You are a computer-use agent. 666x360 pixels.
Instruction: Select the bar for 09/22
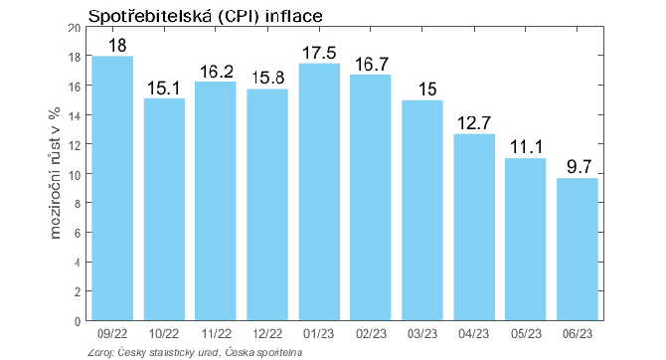112,188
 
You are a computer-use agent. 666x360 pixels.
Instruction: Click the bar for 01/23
319,192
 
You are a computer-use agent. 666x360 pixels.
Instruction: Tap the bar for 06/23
578,249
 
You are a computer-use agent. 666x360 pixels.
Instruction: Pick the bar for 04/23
474,227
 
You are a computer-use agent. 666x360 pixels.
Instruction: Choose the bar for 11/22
216,201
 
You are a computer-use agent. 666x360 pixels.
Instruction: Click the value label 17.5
319,53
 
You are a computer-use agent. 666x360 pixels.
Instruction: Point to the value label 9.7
579,167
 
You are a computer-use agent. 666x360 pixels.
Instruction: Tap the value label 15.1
164,89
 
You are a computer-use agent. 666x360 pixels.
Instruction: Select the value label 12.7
474,123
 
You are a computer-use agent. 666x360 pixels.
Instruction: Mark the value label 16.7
371,65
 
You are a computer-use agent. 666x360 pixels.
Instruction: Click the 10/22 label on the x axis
164,334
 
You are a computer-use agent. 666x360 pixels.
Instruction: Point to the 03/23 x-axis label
422,334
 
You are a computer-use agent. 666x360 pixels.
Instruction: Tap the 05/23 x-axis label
526,334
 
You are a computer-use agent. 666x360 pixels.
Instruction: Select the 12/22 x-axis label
267,334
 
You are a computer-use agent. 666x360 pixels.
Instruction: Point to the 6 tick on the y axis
78,233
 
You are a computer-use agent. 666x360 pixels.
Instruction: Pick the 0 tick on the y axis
78,322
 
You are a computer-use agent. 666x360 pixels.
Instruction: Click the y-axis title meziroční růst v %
56,173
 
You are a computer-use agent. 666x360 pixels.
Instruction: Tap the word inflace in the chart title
293,16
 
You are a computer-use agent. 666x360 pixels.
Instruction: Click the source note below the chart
195,353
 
